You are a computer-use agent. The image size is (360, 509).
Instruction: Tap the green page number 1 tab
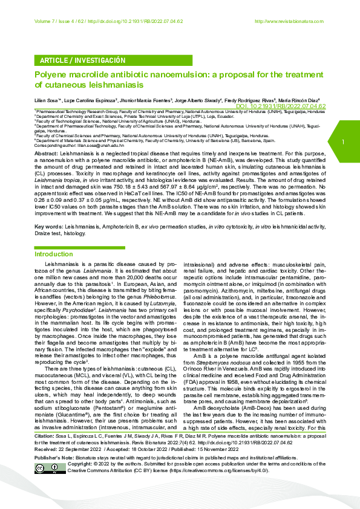click(x=343, y=142)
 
